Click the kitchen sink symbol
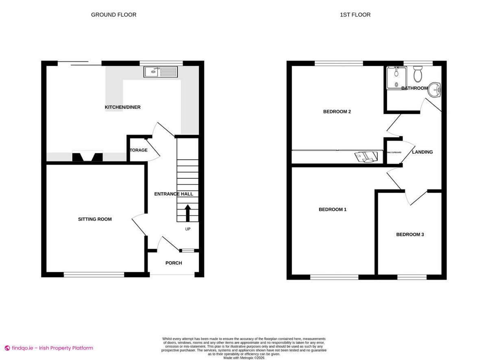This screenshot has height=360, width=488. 161,72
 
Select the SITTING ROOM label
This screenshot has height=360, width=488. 95,219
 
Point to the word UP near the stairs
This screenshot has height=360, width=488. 188,229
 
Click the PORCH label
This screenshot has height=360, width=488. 174,263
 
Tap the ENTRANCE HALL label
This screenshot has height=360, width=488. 174,194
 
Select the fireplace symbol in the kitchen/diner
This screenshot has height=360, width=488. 87,156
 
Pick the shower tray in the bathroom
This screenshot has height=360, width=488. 394,77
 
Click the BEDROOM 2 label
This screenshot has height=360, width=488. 337,112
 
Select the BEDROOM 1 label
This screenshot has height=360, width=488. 332,210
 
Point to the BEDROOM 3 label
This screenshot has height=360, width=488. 410,234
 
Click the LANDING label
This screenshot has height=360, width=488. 423,152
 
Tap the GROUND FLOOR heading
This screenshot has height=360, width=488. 113,15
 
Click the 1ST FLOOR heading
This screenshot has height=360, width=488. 355,15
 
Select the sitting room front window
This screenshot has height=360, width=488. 94,275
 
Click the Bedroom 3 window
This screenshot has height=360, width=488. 412,277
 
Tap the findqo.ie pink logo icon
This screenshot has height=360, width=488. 7,348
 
